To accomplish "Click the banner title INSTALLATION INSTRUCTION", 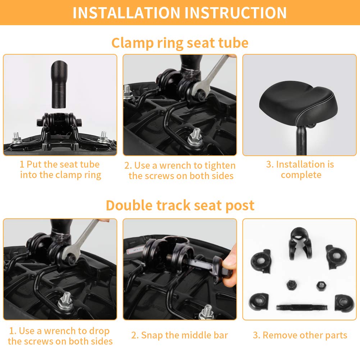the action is point(179,13).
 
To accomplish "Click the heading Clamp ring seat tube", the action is point(180,43).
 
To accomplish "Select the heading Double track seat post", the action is point(180,205).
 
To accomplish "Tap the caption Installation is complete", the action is point(300,169).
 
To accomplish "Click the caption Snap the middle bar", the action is point(179,335).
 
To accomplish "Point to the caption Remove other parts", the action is point(300,335).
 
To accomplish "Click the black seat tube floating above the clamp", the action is point(59,84).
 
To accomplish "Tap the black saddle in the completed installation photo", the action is point(299,102).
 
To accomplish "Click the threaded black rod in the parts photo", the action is point(302,307).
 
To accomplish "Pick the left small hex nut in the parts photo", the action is point(291,285).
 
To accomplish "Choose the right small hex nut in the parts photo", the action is point(320,286).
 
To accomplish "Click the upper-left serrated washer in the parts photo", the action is point(261,261).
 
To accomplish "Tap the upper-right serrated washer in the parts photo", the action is point(336,256).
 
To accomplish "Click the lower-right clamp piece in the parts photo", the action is point(345,303).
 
